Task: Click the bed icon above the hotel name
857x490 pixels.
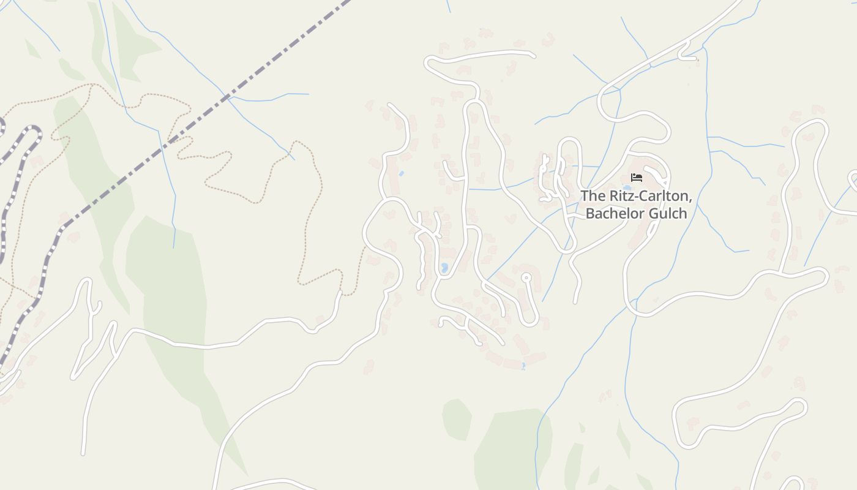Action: point(637,178)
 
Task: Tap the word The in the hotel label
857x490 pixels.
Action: point(592,196)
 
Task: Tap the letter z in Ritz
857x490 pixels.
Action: point(633,197)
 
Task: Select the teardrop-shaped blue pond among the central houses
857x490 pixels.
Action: point(444,268)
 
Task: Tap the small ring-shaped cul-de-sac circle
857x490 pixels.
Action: point(526,277)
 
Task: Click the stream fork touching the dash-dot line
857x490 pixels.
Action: point(228,97)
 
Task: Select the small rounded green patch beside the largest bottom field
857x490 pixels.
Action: point(457,418)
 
